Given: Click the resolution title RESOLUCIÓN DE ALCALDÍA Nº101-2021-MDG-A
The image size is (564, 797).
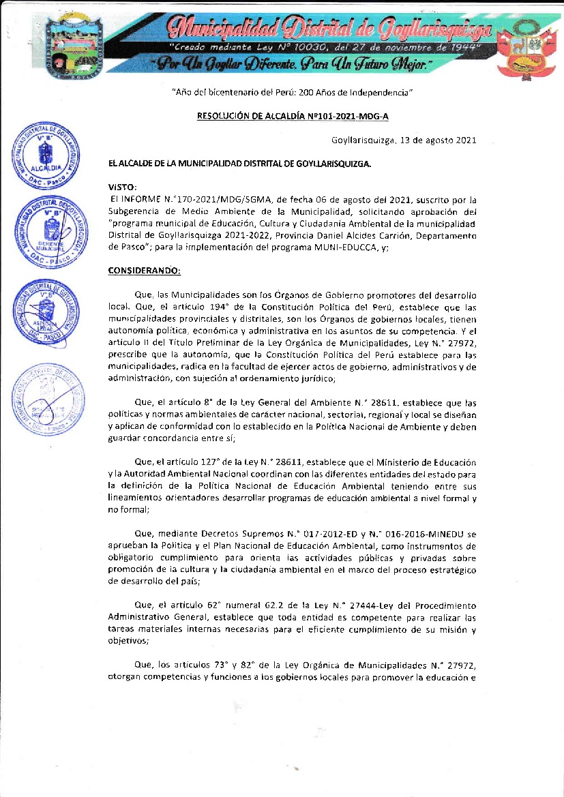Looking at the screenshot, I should (293, 116).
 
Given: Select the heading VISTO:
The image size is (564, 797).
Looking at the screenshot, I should (123, 187).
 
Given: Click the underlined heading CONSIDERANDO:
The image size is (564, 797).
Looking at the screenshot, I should (145, 271).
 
